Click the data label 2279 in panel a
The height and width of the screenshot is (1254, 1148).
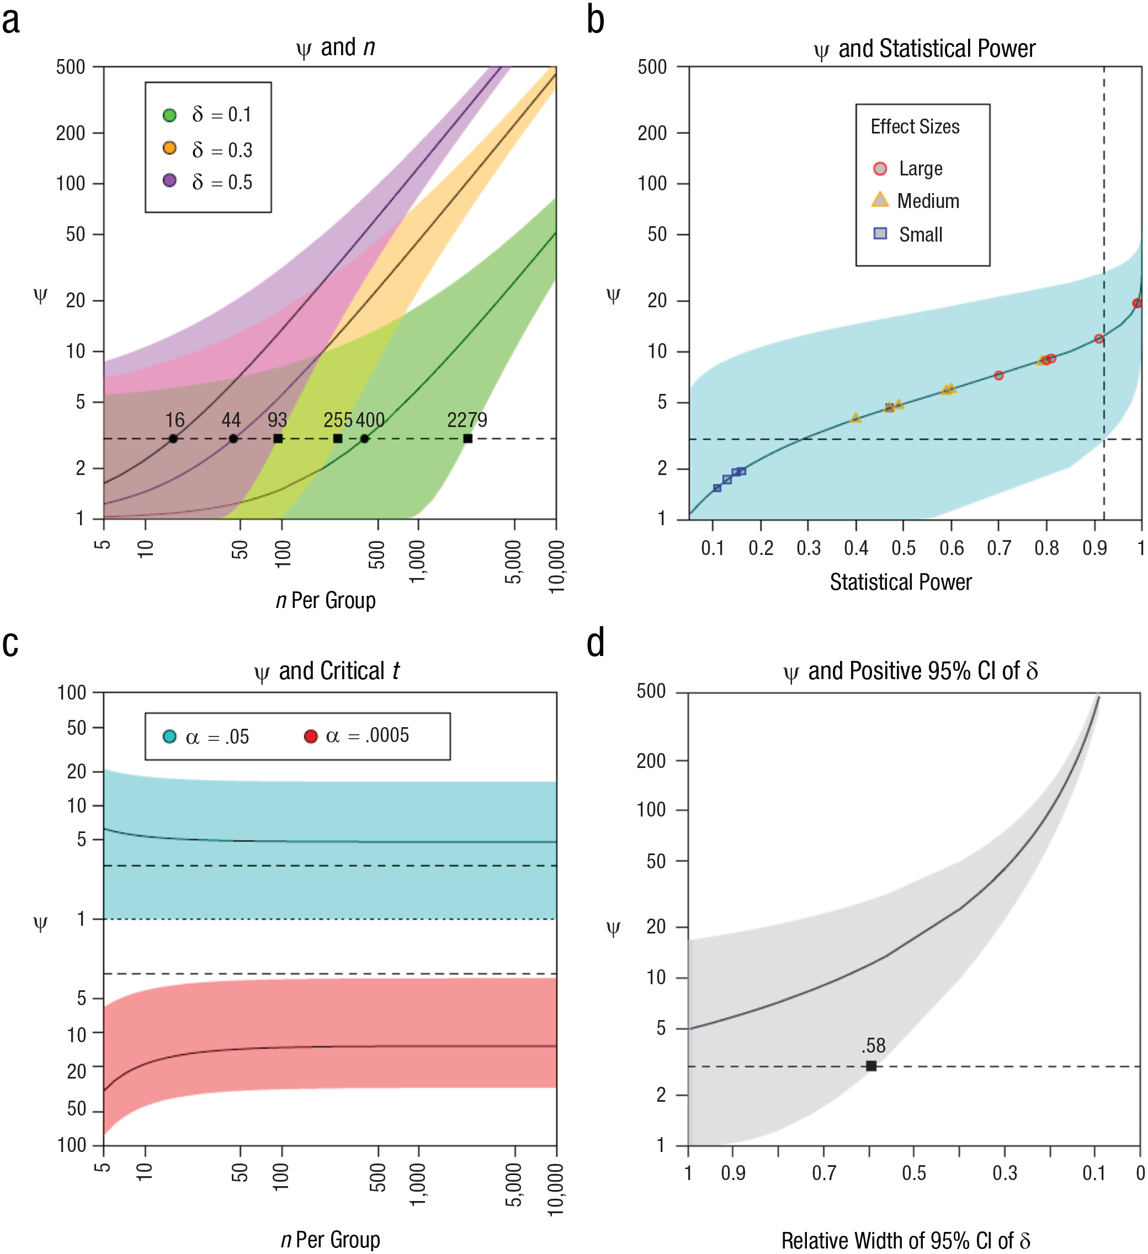point(467,420)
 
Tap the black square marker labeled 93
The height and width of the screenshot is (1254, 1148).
point(278,439)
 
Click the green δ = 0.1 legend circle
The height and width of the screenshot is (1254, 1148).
point(169,115)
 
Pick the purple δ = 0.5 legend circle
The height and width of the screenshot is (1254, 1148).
point(169,180)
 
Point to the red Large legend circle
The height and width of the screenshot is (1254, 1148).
point(880,169)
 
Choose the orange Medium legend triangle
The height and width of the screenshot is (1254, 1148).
point(880,200)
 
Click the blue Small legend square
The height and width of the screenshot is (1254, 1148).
point(880,233)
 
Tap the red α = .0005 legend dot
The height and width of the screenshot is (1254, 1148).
point(311,737)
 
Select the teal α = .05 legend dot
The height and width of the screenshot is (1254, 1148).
point(169,737)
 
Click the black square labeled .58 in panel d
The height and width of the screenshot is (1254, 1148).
point(871,1065)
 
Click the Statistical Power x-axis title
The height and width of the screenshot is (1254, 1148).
point(900,582)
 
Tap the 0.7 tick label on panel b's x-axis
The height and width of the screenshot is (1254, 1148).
point(998,548)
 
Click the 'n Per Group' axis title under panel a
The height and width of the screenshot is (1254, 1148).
point(326,600)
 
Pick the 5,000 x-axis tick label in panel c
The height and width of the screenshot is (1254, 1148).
point(513,1185)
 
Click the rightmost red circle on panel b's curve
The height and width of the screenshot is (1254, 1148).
point(1137,303)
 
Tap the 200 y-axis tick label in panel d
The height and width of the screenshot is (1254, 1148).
point(651,760)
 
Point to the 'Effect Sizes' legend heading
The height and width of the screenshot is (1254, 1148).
point(915,127)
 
